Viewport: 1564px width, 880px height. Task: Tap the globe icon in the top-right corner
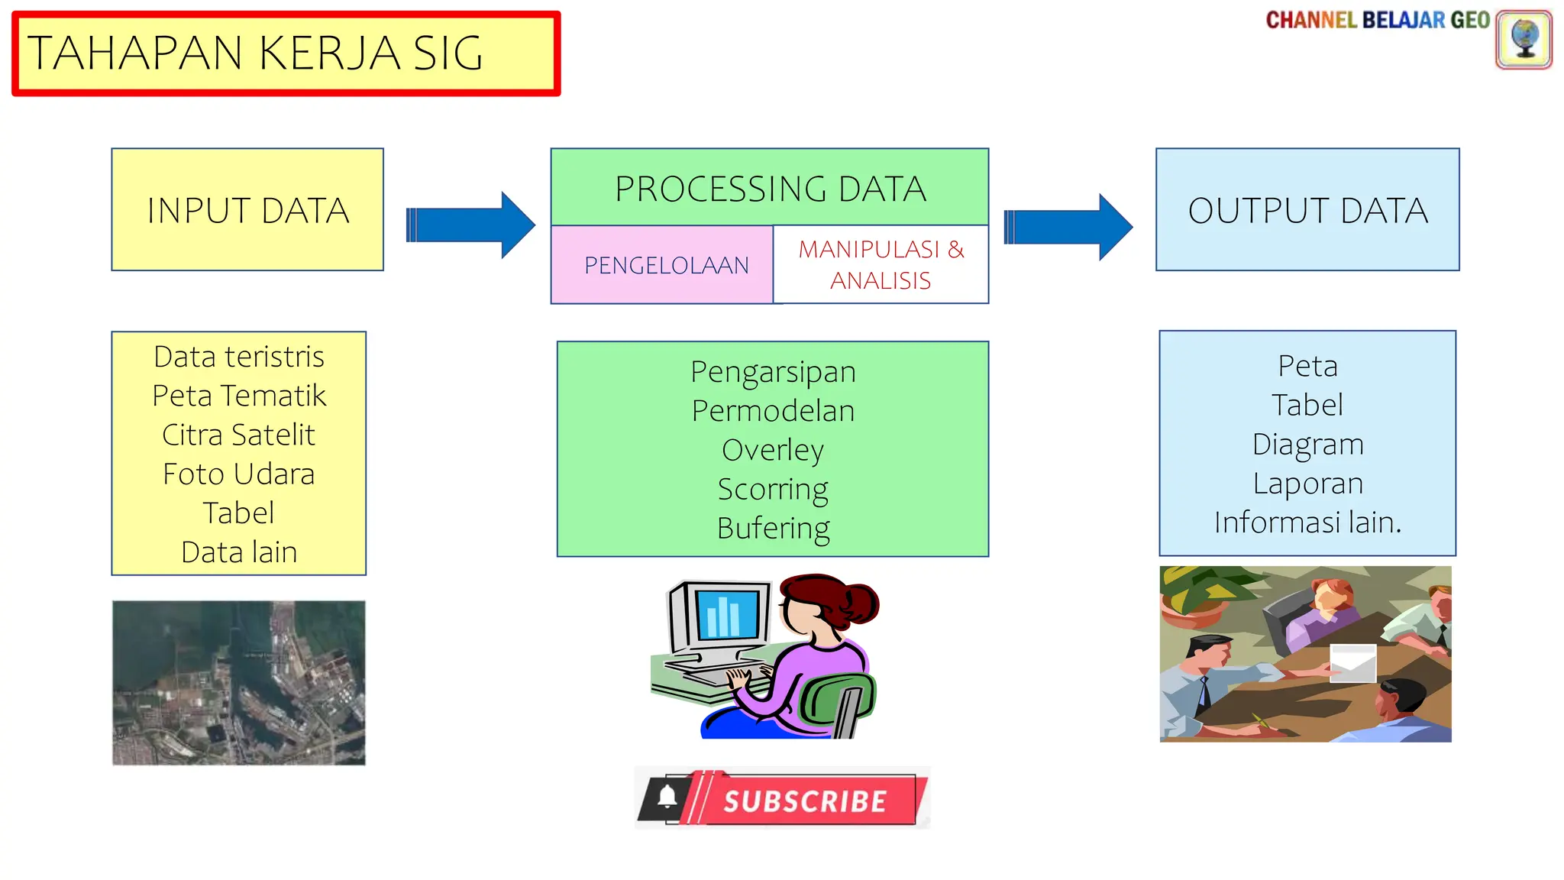click(x=1524, y=39)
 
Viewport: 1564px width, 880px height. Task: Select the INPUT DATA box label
click(x=248, y=211)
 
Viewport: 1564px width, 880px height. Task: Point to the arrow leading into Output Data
click(x=1068, y=227)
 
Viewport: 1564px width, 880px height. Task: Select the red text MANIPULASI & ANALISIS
click(x=881, y=265)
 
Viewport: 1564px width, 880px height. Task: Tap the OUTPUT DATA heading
click(x=1307, y=211)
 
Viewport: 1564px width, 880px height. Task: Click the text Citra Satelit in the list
click(x=238, y=435)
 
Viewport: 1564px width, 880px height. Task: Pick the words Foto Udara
click(x=238, y=474)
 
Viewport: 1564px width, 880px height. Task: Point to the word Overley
click(x=772, y=450)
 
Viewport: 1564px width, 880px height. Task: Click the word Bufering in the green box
click(x=773, y=529)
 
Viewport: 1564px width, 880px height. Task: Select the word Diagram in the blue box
click(x=1307, y=445)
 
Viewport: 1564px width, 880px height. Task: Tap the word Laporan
click(x=1307, y=484)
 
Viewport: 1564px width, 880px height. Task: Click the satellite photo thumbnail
click(x=238, y=682)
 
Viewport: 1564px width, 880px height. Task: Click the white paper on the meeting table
click(x=1352, y=662)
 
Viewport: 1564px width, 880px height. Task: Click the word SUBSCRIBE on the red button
click(x=805, y=801)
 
